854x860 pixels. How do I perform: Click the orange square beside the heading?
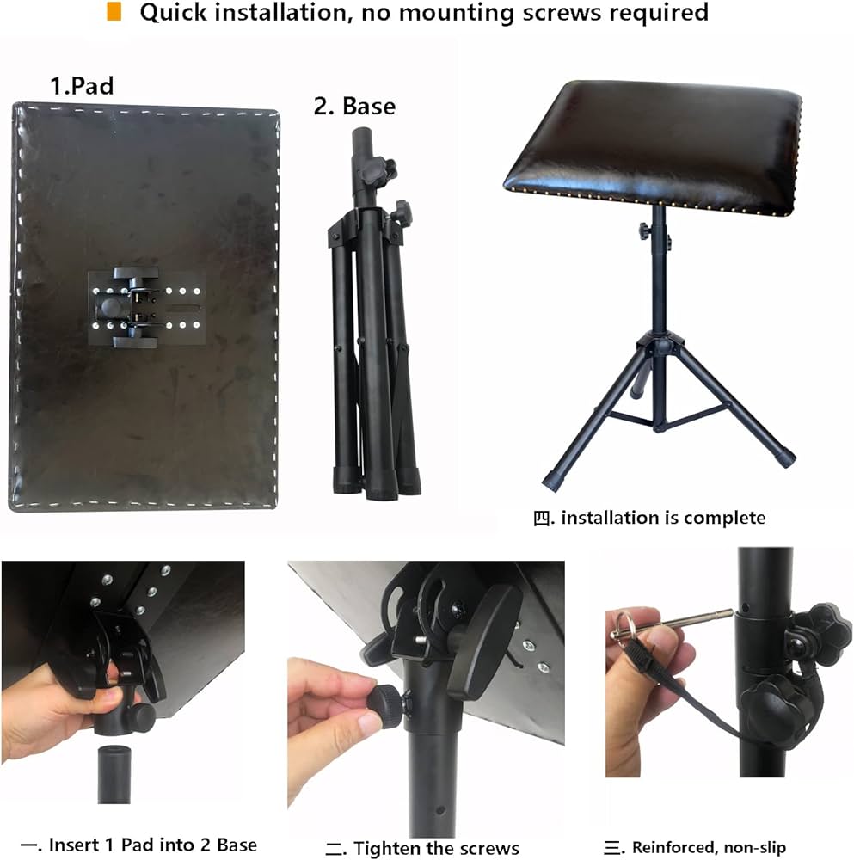tap(114, 11)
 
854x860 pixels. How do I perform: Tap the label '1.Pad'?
tap(82, 86)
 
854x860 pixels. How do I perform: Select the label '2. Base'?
tap(354, 106)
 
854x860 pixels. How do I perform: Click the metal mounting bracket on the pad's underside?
tap(146, 308)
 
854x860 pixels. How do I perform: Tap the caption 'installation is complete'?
tap(663, 518)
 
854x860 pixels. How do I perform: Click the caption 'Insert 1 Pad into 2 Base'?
tap(152, 845)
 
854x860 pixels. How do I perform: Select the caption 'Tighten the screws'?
tap(436, 848)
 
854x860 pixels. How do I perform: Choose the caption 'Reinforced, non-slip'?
tap(709, 847)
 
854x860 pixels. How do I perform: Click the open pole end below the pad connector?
tap(114, 774)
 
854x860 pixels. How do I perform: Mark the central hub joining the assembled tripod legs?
tap(660, 345)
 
